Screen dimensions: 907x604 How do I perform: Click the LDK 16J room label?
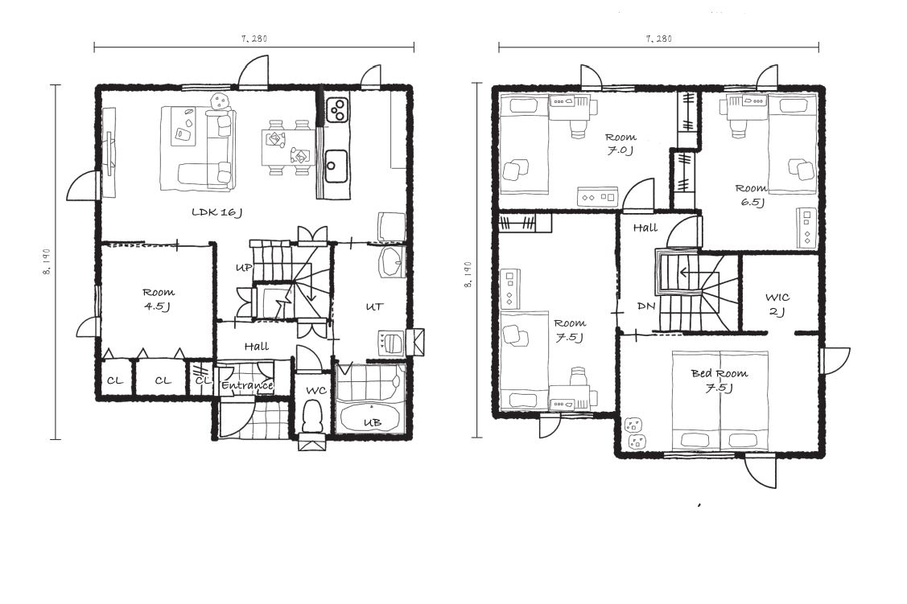coord(216,212)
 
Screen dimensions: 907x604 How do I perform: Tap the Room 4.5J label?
coord(159,299)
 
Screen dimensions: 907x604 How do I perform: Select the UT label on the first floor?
coord(374,306)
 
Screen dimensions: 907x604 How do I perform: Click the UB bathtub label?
coord(373,422)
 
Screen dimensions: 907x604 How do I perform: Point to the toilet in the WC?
coord(313,416)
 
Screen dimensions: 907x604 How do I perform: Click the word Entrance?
coord(248,385)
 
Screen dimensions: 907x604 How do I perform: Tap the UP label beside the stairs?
coord(244,268)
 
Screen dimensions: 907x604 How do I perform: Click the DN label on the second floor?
coord(645,306)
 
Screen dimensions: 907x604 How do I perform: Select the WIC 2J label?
coord(777,305)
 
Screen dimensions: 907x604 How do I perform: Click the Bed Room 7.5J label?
coord(719,380)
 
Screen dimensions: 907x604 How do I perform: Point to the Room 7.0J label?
coord(620,144)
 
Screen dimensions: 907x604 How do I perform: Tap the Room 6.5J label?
coord(752,195)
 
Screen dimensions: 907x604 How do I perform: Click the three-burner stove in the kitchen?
coord(337,109)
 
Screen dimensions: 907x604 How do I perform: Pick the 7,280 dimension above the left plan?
coord(254,39)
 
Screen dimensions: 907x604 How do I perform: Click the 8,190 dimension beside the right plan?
coord(468,274)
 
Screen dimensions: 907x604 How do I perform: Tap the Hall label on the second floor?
coord(645,228)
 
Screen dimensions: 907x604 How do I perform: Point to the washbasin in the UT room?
coord(392,263)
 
